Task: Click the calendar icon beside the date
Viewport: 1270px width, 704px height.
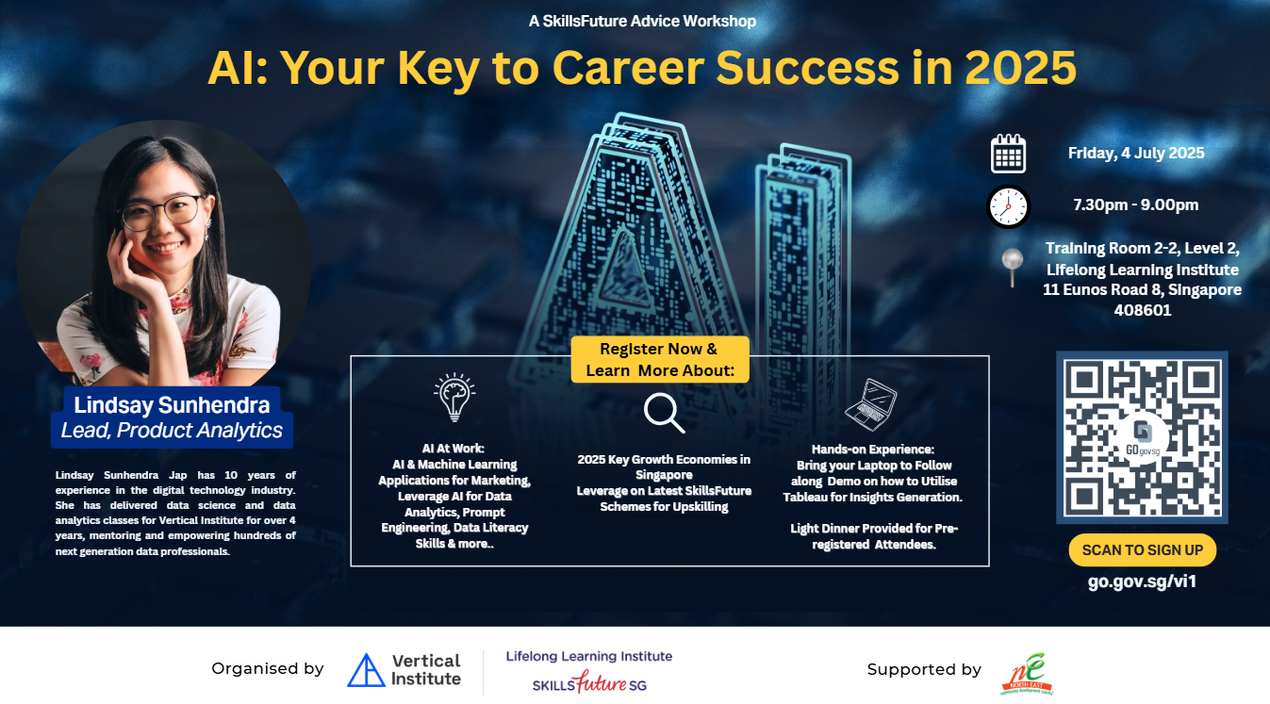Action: tap(1008, 154)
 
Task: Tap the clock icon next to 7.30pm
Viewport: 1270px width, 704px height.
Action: tap(1008, 205)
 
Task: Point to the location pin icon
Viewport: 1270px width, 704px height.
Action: tap(1012, 267)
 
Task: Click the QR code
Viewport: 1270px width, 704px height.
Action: tap(1142, 437)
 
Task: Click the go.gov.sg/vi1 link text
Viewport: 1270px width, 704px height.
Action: tap(1142, 581)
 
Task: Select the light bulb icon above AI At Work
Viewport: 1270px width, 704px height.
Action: tap(454, 397)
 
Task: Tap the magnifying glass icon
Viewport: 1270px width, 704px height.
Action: tap(664, 412)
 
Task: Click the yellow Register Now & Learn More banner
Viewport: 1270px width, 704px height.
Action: tap(660, 360)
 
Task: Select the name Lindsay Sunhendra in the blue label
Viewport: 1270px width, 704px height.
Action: tap(172, 405)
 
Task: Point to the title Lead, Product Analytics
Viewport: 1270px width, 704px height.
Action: tap(172, 431)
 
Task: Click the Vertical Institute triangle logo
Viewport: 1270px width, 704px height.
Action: tap(366, 670)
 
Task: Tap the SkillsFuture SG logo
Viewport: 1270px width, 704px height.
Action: tap(589, 682)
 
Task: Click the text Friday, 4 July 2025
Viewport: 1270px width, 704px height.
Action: tap(1135, 153)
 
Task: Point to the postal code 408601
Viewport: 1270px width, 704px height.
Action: tap(1142, 310)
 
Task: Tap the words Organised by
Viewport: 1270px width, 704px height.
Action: tap(267, 669)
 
